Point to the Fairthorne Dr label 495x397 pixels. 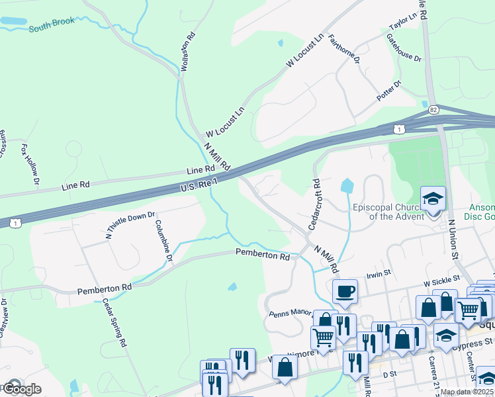click(343, 50)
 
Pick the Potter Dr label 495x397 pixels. click(388, 92)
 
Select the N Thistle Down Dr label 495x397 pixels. click(130, 225)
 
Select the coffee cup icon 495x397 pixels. click(345, 291)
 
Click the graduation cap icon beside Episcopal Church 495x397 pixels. click(433, 198)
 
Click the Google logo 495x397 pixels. click(21, 389)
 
